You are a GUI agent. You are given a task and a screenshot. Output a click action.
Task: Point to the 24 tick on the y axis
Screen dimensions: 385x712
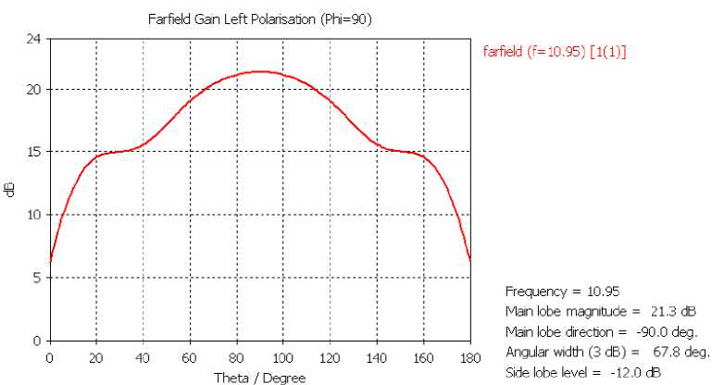click(x=33, y=40)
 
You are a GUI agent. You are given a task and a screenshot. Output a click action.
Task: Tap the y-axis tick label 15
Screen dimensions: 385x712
click(x=33, y=151)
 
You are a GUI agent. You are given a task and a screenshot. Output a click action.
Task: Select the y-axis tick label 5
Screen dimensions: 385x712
click(x=36, y=277)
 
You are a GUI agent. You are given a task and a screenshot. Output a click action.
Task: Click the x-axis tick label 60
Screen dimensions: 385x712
click(x=189, y=357)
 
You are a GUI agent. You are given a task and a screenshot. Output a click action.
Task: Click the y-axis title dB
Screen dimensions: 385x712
click(x=9, y=190)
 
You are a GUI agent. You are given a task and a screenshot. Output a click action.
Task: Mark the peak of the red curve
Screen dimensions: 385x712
click(x=260, y=71)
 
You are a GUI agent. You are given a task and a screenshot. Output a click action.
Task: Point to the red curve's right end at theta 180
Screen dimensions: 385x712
click(x=470, y=260)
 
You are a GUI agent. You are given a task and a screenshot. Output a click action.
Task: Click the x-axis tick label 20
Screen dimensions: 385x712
click(x=96, y=357)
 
